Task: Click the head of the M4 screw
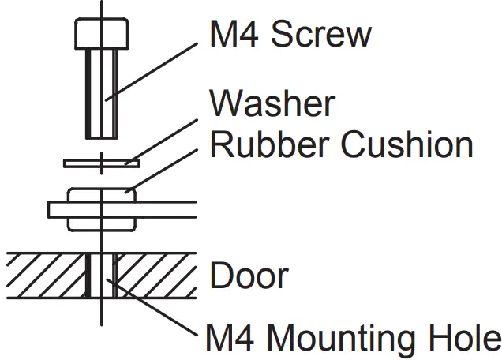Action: (x=102, y=33)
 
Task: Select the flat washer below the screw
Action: (x=102, y=163)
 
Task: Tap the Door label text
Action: (x=249, y=276)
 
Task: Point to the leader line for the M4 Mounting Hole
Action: (x=158, y=313)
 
